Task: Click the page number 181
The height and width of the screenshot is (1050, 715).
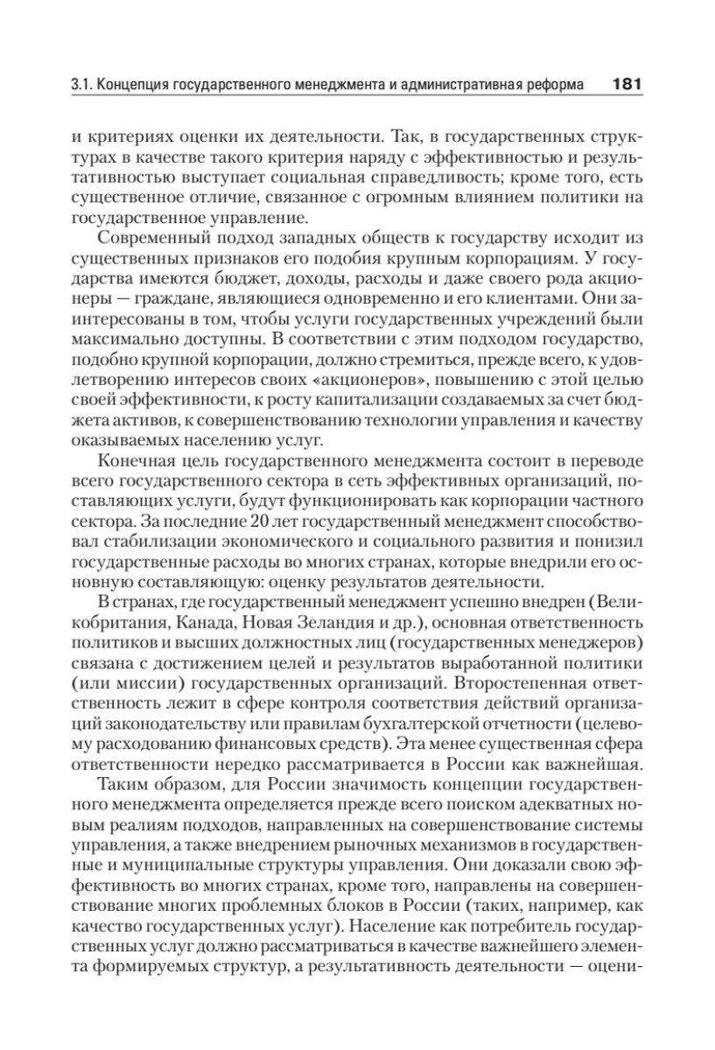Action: [627, 86]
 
